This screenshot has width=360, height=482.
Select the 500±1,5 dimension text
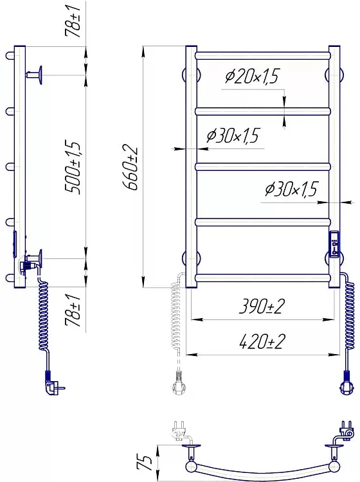(73, 168)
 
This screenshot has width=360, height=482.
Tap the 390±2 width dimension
(262, 307)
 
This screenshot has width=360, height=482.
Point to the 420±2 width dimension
(262, 341)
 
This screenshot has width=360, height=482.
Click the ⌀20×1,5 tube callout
(251, 76)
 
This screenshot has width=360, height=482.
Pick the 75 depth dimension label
(145, 463)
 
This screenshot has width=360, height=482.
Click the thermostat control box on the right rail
(334, 244)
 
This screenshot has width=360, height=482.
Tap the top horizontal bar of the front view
(263, 56)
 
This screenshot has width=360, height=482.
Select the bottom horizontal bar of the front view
(263, 278)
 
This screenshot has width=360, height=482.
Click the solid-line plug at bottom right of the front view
(346, 384)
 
